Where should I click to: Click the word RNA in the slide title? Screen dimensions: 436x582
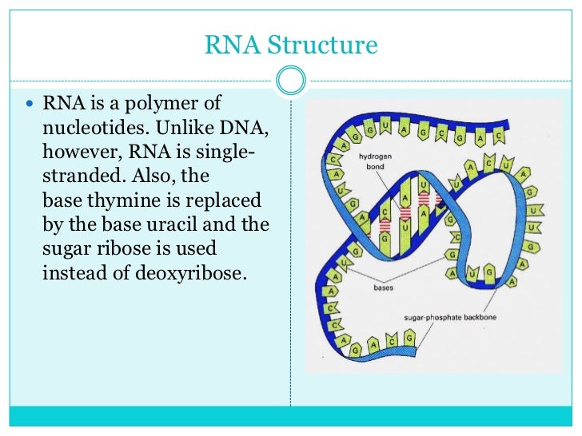(x=233, y=45)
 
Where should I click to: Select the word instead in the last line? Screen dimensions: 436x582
(x=73, y=272)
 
